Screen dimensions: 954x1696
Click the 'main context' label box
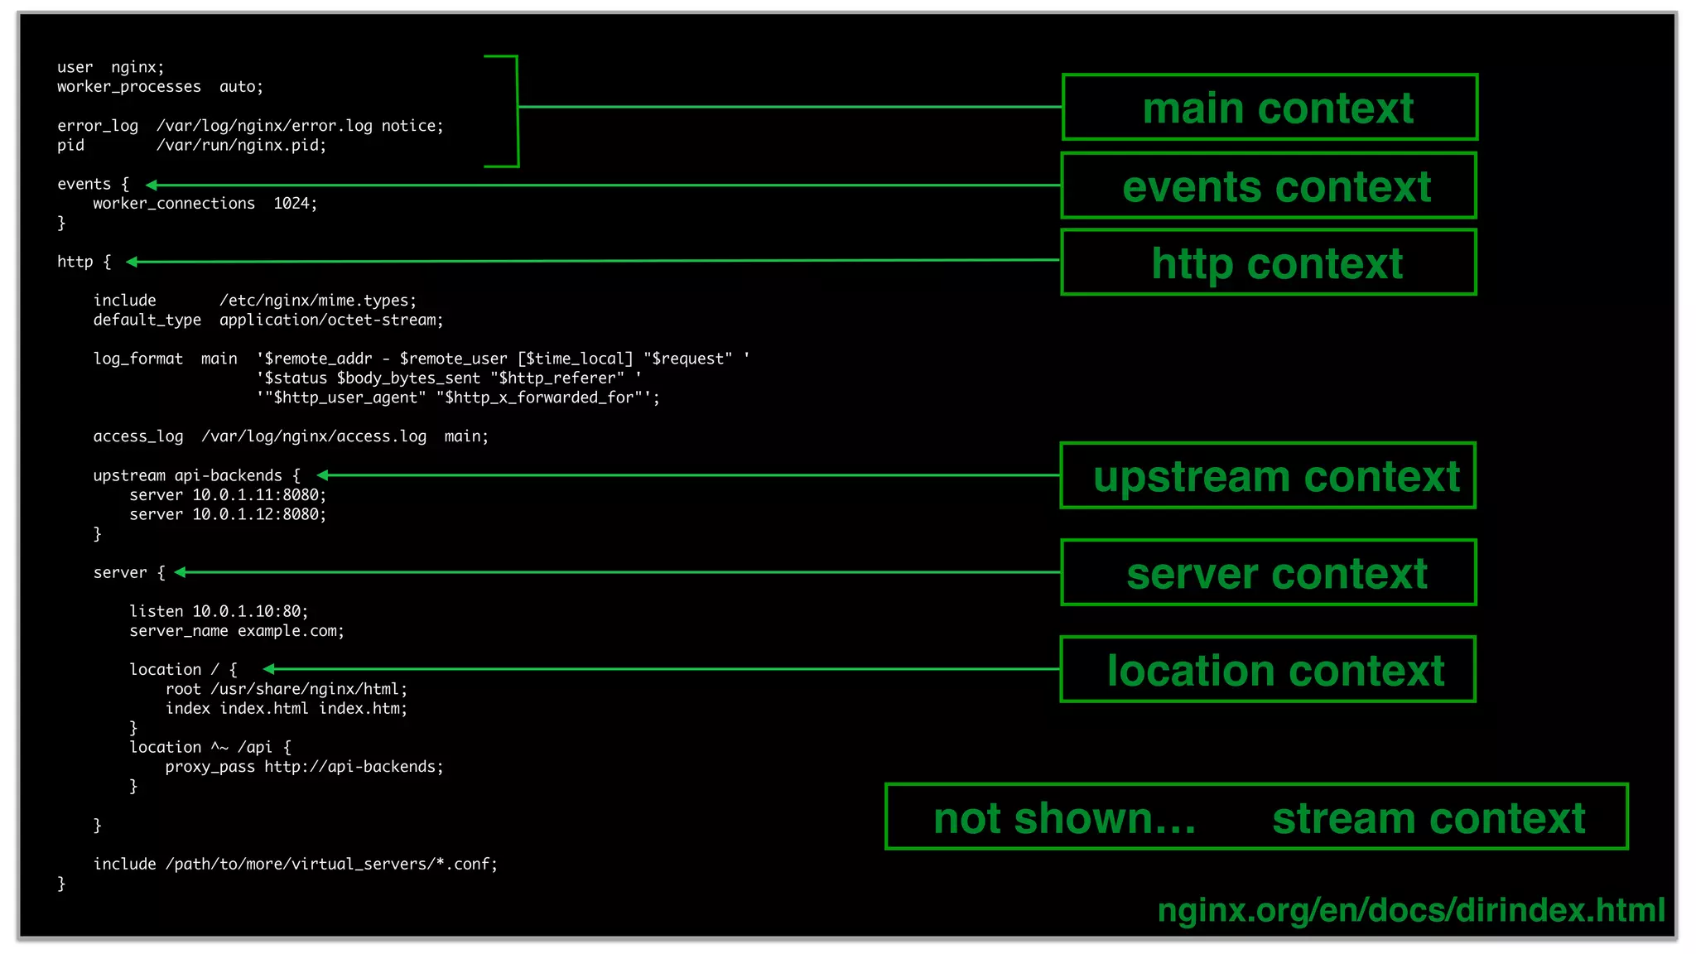1269,108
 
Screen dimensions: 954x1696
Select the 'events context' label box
1269,185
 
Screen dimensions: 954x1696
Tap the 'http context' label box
1269,263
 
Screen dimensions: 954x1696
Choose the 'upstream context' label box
1269,475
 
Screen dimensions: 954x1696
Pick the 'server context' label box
1269,572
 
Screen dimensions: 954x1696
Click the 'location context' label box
1269,669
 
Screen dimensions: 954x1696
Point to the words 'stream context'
1428,818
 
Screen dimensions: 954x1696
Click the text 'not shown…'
1064,818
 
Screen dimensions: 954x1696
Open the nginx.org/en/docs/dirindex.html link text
1410,909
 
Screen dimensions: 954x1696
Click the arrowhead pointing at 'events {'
152,185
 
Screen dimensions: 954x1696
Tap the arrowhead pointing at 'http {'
132,262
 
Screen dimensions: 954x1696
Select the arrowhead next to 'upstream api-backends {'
323,475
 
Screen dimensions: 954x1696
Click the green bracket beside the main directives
517,111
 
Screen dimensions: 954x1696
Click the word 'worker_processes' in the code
128,87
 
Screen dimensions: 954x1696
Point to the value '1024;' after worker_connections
295,204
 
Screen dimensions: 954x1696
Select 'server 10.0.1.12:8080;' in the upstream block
228,514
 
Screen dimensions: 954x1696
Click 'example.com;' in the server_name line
291,631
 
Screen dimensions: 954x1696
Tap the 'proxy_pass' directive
210,767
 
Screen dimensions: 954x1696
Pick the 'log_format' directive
137,359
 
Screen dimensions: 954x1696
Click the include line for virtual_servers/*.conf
295,864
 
